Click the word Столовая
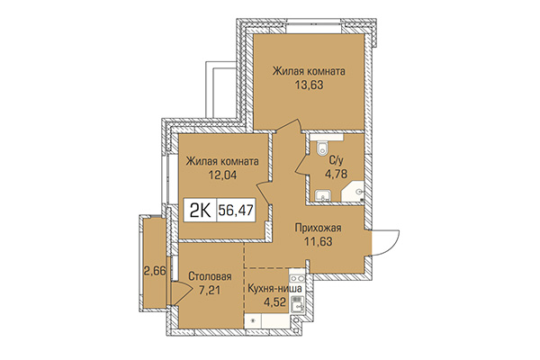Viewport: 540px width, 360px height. click(211, 276)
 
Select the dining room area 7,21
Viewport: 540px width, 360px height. click(211, 292)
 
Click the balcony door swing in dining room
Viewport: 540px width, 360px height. click(184, 290)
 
